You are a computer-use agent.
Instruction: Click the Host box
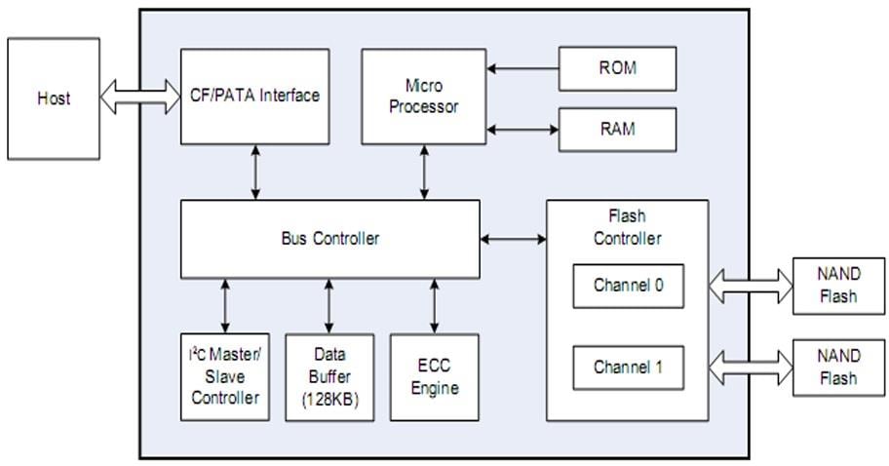54,98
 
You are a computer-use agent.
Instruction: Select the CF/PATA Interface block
254,97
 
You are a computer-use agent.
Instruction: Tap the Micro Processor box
423,97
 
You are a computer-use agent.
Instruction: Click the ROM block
617,68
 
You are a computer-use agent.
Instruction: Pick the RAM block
617,129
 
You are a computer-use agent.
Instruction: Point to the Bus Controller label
329,239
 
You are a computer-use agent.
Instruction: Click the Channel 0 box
628,287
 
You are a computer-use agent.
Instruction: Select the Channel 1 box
628,368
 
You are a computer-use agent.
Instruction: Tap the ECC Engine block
434,377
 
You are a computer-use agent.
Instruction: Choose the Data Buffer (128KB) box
329,377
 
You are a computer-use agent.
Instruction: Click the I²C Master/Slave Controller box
225,377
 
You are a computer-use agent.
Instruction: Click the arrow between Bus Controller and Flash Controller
513,239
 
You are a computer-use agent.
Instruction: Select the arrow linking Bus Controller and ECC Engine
434,305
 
